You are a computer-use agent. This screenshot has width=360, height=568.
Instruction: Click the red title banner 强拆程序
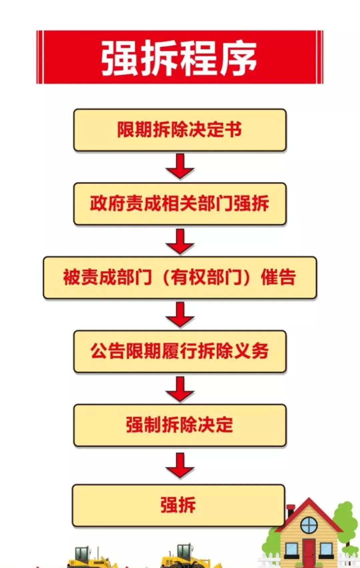tap(180, 57)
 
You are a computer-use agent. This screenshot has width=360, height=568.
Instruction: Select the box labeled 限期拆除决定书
tap(180, 130)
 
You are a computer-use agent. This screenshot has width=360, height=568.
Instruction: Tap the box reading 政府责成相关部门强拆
tap(180, 204)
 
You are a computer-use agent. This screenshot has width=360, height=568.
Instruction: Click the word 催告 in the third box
tap(278, 277)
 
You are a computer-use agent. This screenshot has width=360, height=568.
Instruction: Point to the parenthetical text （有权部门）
tap(207, 277)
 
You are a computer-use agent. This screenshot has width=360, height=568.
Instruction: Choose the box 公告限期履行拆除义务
tap(180, 351)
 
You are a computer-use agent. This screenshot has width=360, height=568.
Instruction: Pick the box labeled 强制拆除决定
tap(180, 425)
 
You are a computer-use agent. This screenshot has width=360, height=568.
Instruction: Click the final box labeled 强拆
tap(179, 505)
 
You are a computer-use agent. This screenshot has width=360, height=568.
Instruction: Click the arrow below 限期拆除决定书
tap(180, 166)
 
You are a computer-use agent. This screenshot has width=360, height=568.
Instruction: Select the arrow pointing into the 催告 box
tap(180, 241)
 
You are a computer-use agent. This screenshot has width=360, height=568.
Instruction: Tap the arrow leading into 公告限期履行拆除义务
tap(180, 314)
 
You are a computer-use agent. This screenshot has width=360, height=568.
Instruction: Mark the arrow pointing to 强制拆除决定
tap(180, 389)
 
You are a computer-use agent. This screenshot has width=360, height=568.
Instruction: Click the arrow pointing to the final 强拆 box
tap(180, 466)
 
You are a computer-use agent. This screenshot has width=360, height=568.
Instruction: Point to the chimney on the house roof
tap(290, 511)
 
